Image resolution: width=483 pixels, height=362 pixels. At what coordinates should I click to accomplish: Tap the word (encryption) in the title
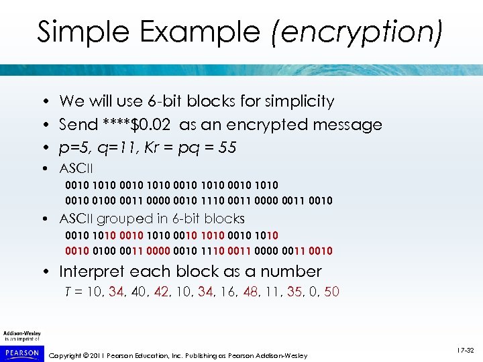coord(356,32)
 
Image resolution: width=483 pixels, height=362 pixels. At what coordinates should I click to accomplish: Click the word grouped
coord(122,219)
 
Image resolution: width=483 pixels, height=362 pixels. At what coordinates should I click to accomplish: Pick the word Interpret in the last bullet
coord(93,271)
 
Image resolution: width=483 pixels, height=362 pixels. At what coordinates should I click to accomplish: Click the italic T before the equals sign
coord(68,292)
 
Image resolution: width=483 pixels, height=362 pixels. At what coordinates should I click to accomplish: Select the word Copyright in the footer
coord(70,355)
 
